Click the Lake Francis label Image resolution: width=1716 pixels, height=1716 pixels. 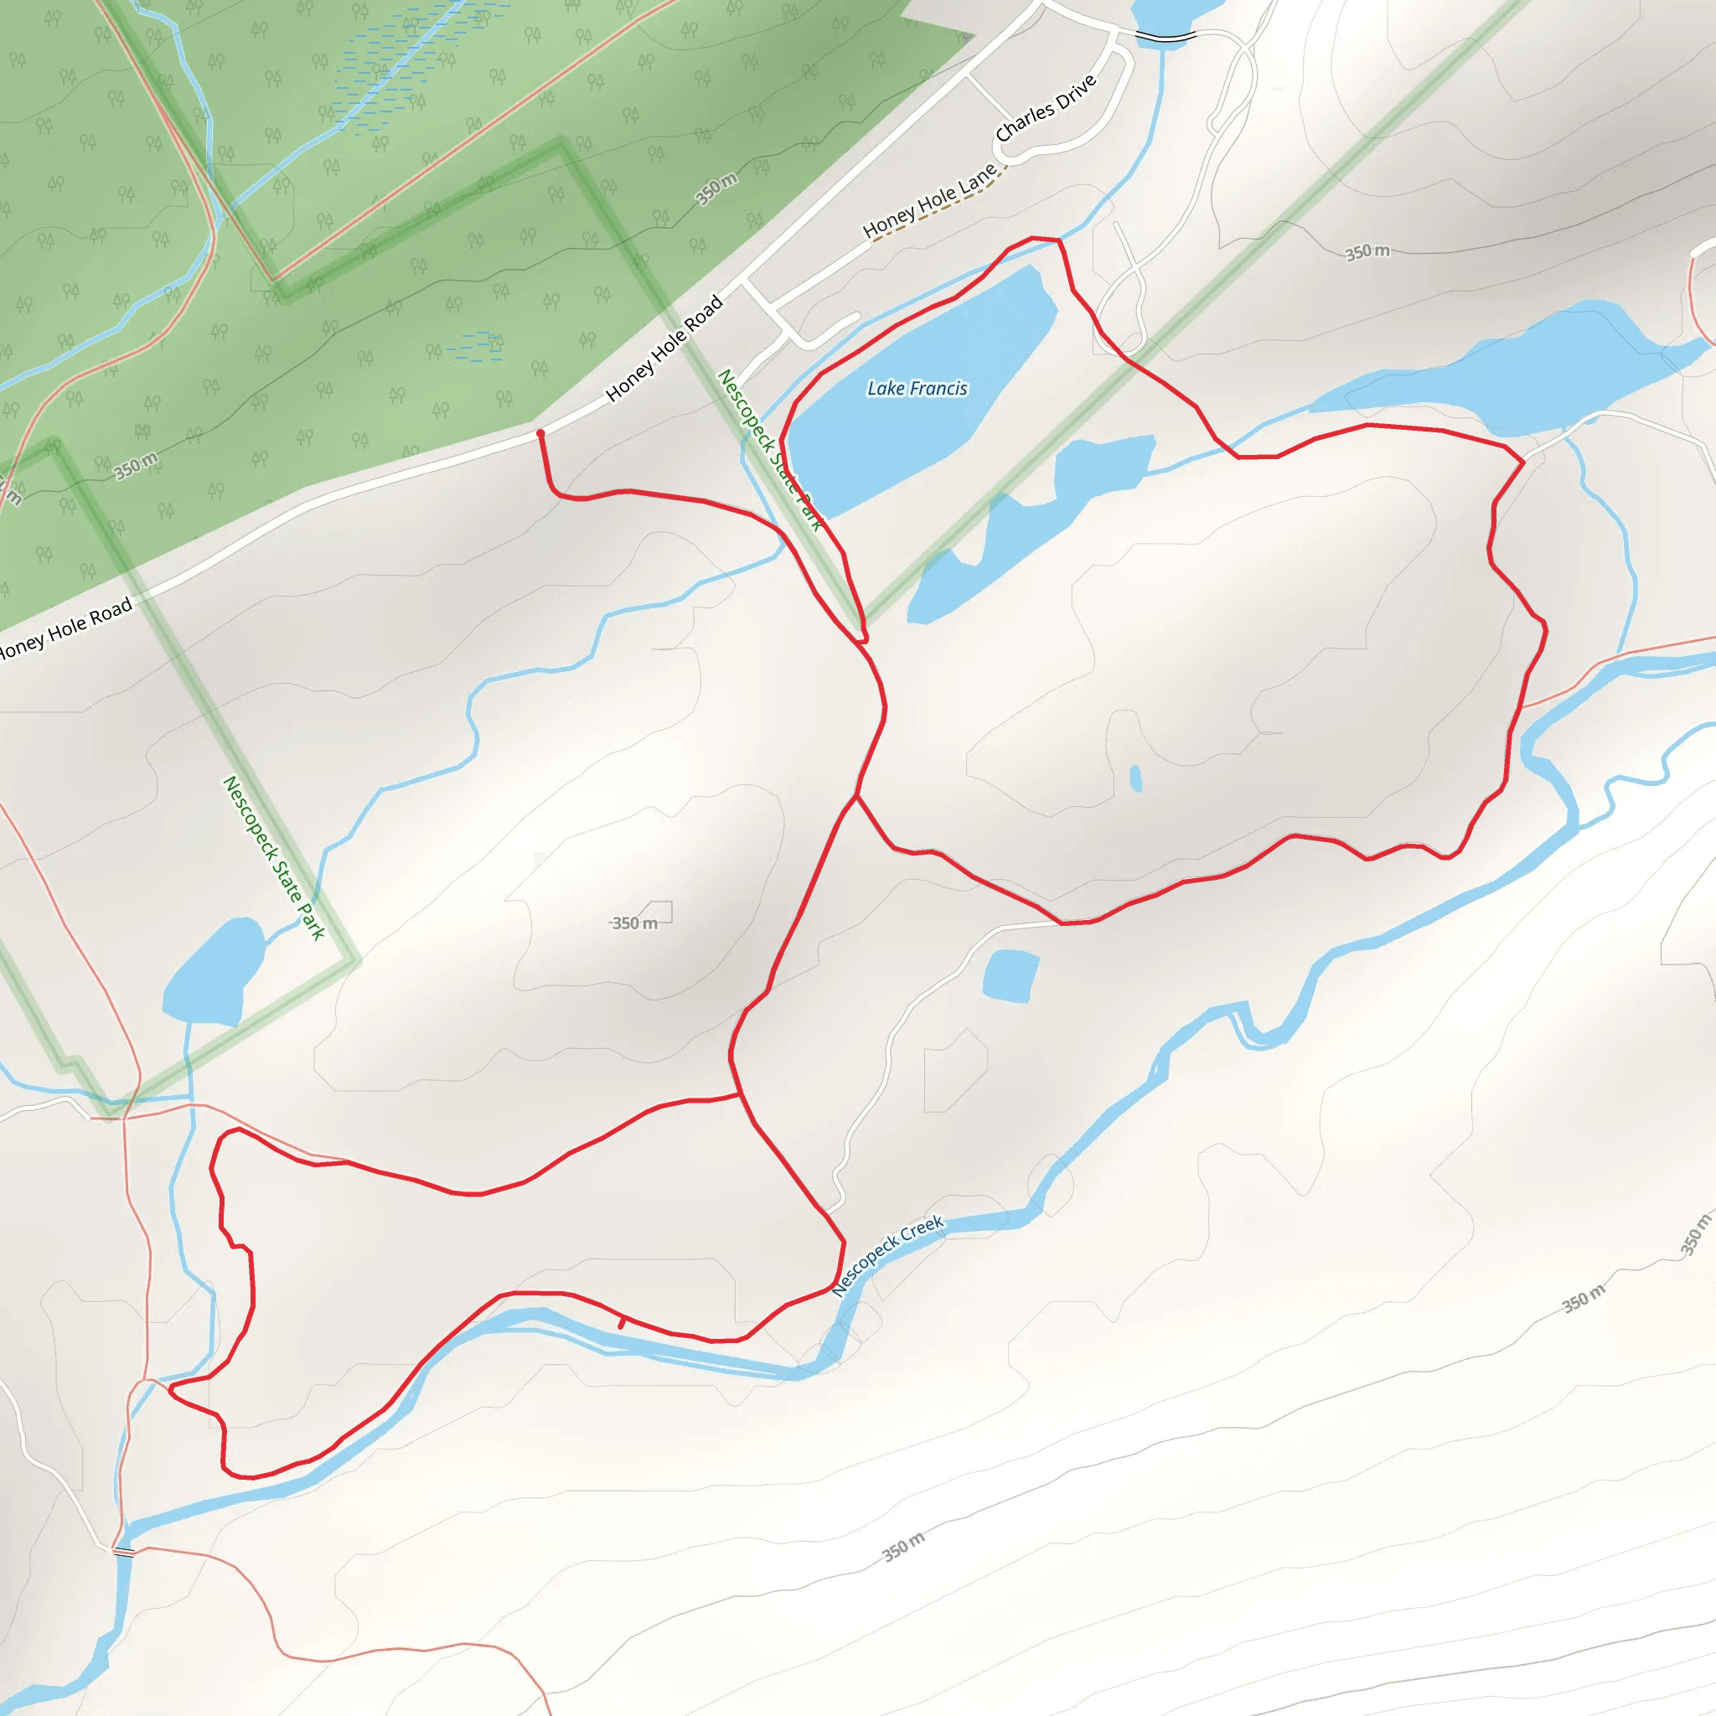click(917, 388)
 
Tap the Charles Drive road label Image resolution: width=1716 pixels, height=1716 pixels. click(1046, 108)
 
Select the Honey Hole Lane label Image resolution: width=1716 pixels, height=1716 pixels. click(929, 202)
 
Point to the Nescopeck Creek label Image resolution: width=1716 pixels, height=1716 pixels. click(886, 1256)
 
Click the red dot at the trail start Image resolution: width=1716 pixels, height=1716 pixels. click(540, 433)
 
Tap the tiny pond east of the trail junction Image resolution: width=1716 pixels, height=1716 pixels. click(1135, 778)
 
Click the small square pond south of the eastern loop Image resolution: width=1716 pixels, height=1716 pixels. click(1010, 975)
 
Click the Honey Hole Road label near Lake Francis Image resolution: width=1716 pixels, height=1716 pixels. click(664, 349)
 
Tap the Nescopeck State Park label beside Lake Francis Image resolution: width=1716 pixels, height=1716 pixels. click(769, 450)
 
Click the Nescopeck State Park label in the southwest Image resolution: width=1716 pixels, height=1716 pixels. click(273, 858)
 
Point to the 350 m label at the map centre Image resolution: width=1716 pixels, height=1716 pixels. click(635, 923)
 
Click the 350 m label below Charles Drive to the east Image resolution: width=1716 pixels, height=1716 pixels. click(1367, 251)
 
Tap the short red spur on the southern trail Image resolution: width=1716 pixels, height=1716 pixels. click(622, 1322)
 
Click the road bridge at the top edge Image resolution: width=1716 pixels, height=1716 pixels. click(1166, 36)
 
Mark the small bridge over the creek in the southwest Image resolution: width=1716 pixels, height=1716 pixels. click(123, 1552)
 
